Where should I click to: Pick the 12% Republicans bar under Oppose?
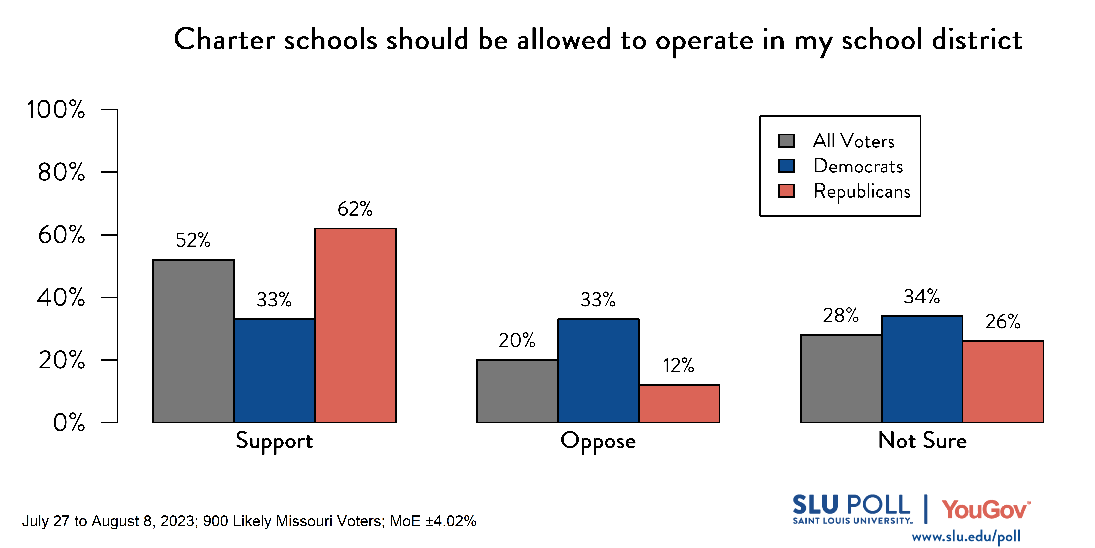(x=679, y=403)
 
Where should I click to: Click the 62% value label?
(x=355, y=209)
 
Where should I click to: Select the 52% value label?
(x=193, y=240)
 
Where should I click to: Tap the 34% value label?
(x=922, y=297)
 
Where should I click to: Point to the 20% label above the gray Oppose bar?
(x=517, y=340)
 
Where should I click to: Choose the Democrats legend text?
(x=858, y=166)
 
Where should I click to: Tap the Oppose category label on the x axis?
(x=598, y=441)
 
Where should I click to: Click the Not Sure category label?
(x=922, y=440)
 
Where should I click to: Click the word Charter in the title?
(x=224, y=40)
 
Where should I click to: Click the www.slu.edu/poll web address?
(x=966, y=537)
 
